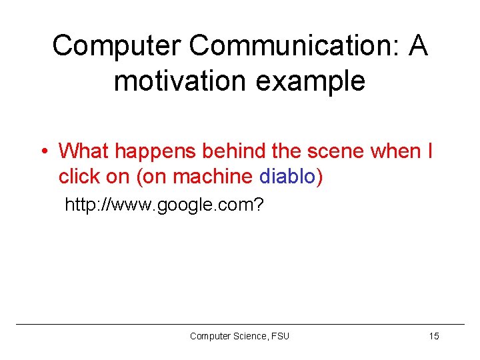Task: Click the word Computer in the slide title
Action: (116, 46)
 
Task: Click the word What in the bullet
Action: (85, 151)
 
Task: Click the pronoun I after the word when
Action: (429, 151)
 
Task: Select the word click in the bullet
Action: (77, 177)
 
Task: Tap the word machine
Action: (213, 177)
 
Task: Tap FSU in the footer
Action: (281, 336)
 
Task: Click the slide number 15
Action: (434, 336)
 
